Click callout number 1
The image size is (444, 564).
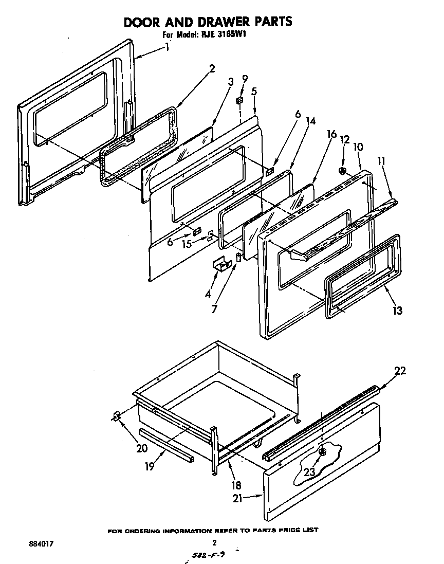167,48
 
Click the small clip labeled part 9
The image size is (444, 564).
239,99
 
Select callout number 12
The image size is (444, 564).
345,140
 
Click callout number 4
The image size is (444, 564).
208,295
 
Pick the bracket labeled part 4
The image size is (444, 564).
221,264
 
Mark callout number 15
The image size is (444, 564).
188,244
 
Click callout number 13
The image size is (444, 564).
397,310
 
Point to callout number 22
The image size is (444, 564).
400,371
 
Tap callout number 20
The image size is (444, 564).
142,448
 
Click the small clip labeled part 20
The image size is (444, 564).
117,416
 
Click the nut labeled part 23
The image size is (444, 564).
322,452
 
